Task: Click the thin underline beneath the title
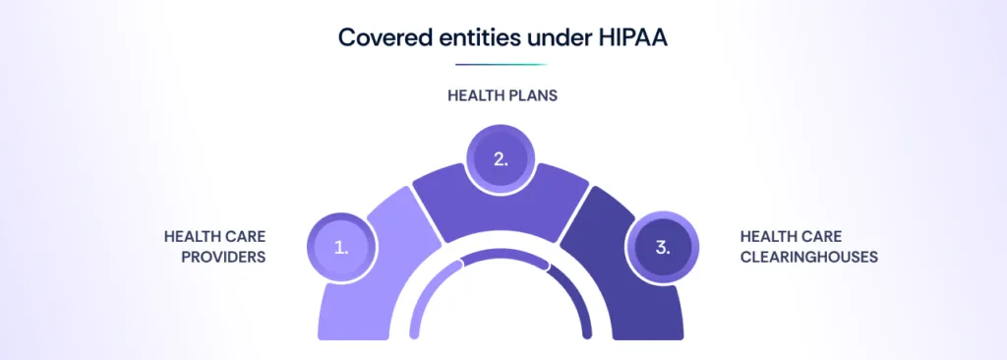click(x=502, y=64)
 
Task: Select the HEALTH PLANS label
click(x=503, y=95)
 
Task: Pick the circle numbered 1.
click(x=341, y=247)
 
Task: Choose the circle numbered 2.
click(x=501, y=158)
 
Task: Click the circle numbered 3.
click(x=662, y=247)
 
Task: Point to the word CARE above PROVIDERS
click(x=246, y=237)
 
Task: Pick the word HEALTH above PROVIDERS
click(x=193, y=237)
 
